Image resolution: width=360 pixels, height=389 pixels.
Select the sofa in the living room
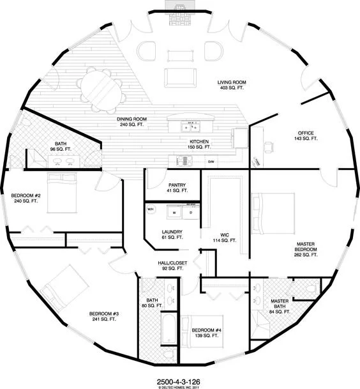tap(181, 76)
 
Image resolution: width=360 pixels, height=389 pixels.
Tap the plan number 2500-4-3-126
tap(180, 377)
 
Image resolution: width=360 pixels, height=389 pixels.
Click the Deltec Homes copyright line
tap(180, 385)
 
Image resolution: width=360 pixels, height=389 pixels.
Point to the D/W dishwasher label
tap(211, 162)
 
